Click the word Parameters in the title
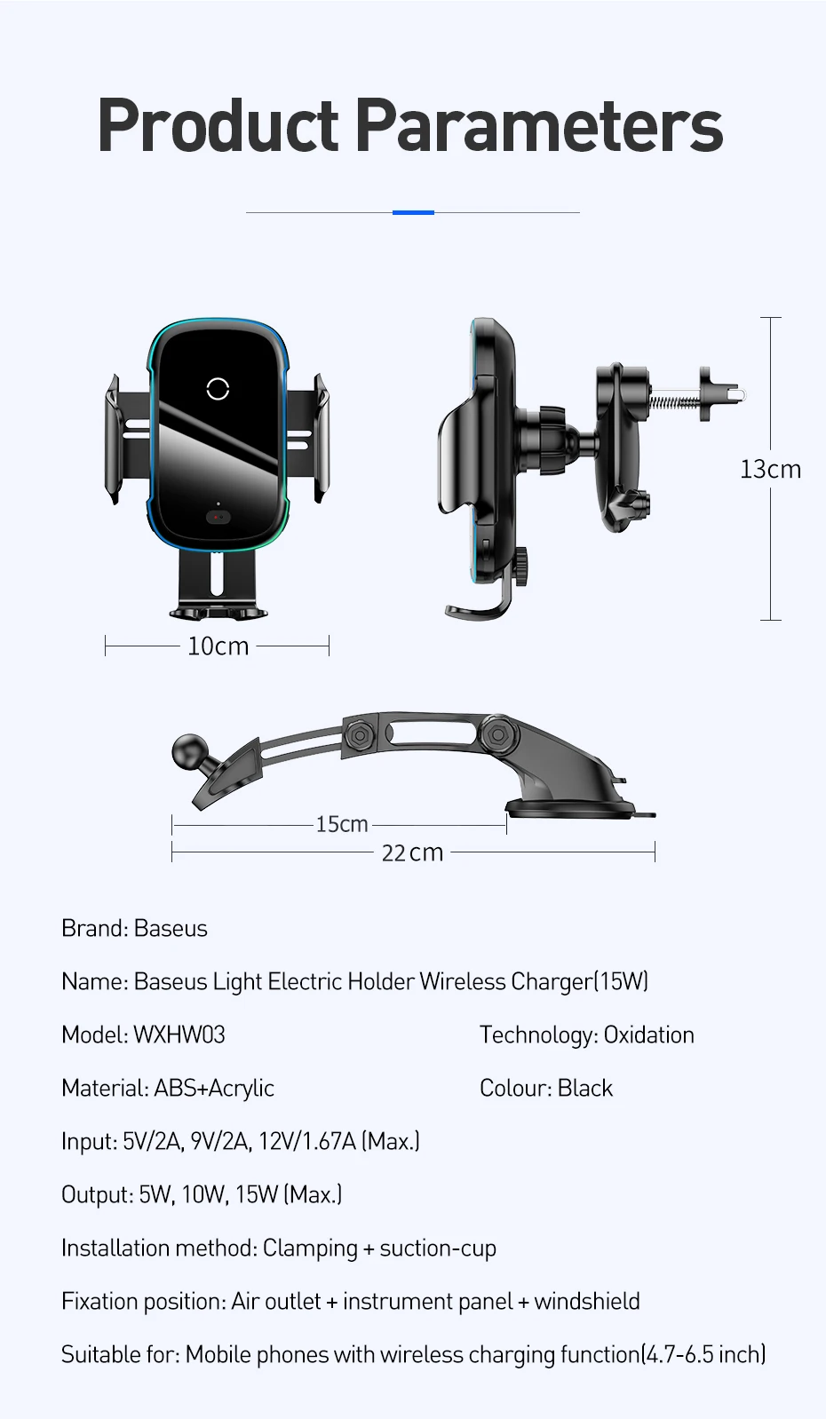[539, 126]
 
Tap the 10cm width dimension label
[218, 646]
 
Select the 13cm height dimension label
[770, 469]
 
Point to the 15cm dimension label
[342, 824]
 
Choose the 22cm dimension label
[412, 852]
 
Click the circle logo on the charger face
[218, 388]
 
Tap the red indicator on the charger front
[218, 517]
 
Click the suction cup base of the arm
[577, 806]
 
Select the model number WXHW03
[179, 1035]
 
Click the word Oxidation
[648, 1035]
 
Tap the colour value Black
[585, 1088]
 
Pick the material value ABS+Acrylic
[214, 1088]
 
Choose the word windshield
[587, 1301]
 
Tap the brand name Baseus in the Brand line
[171, 928]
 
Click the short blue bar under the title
[413, 212]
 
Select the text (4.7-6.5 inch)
[703, 1354]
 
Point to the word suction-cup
[438, 1248]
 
